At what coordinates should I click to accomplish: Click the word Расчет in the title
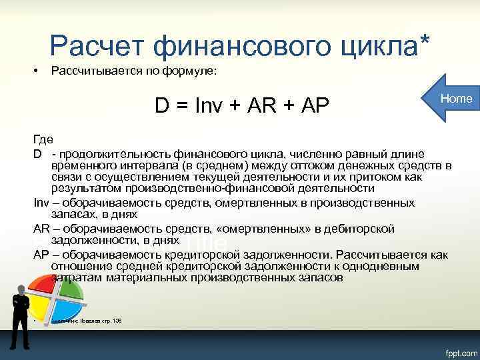click(96, 47)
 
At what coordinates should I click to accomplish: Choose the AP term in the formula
click(312, 105)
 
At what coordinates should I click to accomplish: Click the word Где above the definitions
click(41, 139)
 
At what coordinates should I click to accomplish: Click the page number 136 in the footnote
click(117, 321)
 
